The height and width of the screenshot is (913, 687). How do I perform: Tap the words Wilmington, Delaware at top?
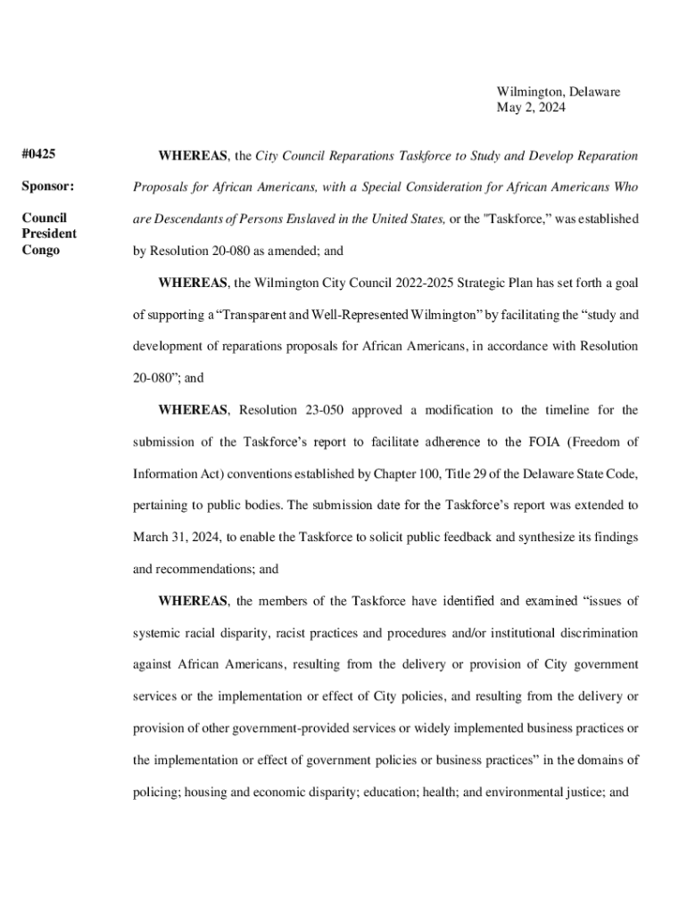coord(558,92)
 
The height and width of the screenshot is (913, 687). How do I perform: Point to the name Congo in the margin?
coord(40,250)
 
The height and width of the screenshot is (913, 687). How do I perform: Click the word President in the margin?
coord(49,234)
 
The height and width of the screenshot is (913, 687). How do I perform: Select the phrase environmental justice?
coord(545,789)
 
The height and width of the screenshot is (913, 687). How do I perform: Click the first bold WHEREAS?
coord(193,156)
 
